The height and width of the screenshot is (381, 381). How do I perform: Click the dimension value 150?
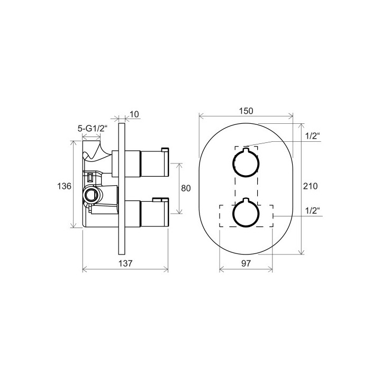tap(246, 111)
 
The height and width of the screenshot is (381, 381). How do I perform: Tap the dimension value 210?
tap(310, 186)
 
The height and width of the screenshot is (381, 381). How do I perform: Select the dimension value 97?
tap(246, 263)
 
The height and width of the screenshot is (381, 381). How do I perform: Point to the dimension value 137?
tap(125, 263)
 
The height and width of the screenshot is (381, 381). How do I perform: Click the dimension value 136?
tap(64, 186)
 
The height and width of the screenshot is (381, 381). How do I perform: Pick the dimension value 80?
tap(186, 188)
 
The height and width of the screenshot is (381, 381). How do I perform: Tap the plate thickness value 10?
tap(134, 114)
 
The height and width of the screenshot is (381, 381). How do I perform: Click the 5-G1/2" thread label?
tap(92, 128)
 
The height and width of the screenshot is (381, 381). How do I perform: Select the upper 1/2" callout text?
tap(313, 136)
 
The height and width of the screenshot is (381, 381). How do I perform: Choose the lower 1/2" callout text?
tap(313, 211)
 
